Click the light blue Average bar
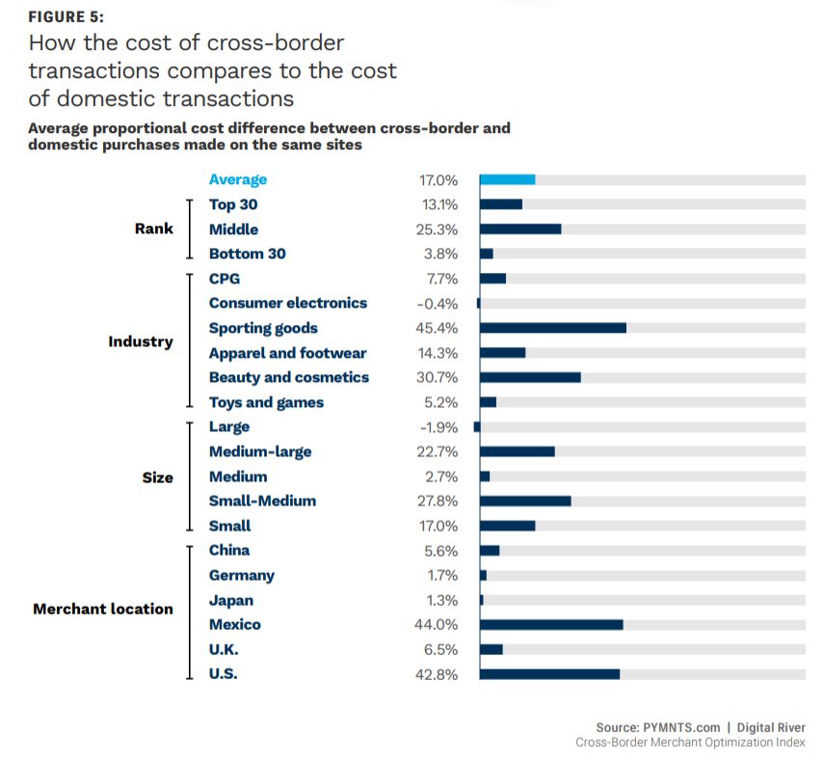click(x=507, y=179)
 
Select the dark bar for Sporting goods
click(x=552, y=328)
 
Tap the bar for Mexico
click(x=550, y=624)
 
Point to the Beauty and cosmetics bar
click(x=529, y=377)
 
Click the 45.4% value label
click(x=437, y=328)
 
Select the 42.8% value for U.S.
click(x=437, y=674)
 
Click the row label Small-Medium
click(x=262, y=501)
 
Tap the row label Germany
click(x=241, y=575)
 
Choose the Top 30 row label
click(x=233, y=204)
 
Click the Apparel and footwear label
click(x=287, y=353)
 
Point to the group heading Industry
click(x=141, y=341)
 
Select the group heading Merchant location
click(x=103, y=609)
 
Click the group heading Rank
click(x=154, y=229)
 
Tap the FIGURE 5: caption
click(x=66, y=17)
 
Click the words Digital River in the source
click(x=766, y=727)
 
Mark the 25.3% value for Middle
click(x=437, y=230)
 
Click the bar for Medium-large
click(x=517, y=451)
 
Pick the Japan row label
click(x=231, y=600)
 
